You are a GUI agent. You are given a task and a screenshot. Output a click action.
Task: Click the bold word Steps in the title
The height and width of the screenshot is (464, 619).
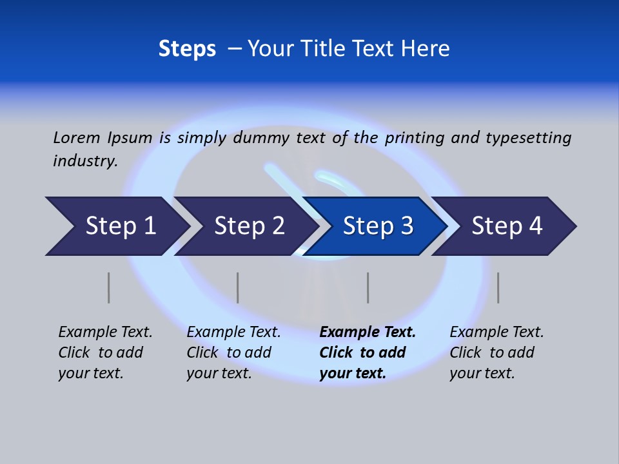click(187, 49)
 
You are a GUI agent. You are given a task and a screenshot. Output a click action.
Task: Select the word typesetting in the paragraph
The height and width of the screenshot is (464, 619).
click(528, 137)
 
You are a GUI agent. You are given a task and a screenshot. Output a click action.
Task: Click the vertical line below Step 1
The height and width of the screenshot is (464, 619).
click(109, 287)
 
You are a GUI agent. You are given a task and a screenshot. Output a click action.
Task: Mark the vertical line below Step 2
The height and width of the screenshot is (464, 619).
click(238, 287)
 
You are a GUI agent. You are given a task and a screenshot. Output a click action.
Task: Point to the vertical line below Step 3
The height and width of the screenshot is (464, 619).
click(368, 287)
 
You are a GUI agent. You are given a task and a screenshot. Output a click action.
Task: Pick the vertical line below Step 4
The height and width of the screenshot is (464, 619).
click(498, 287)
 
